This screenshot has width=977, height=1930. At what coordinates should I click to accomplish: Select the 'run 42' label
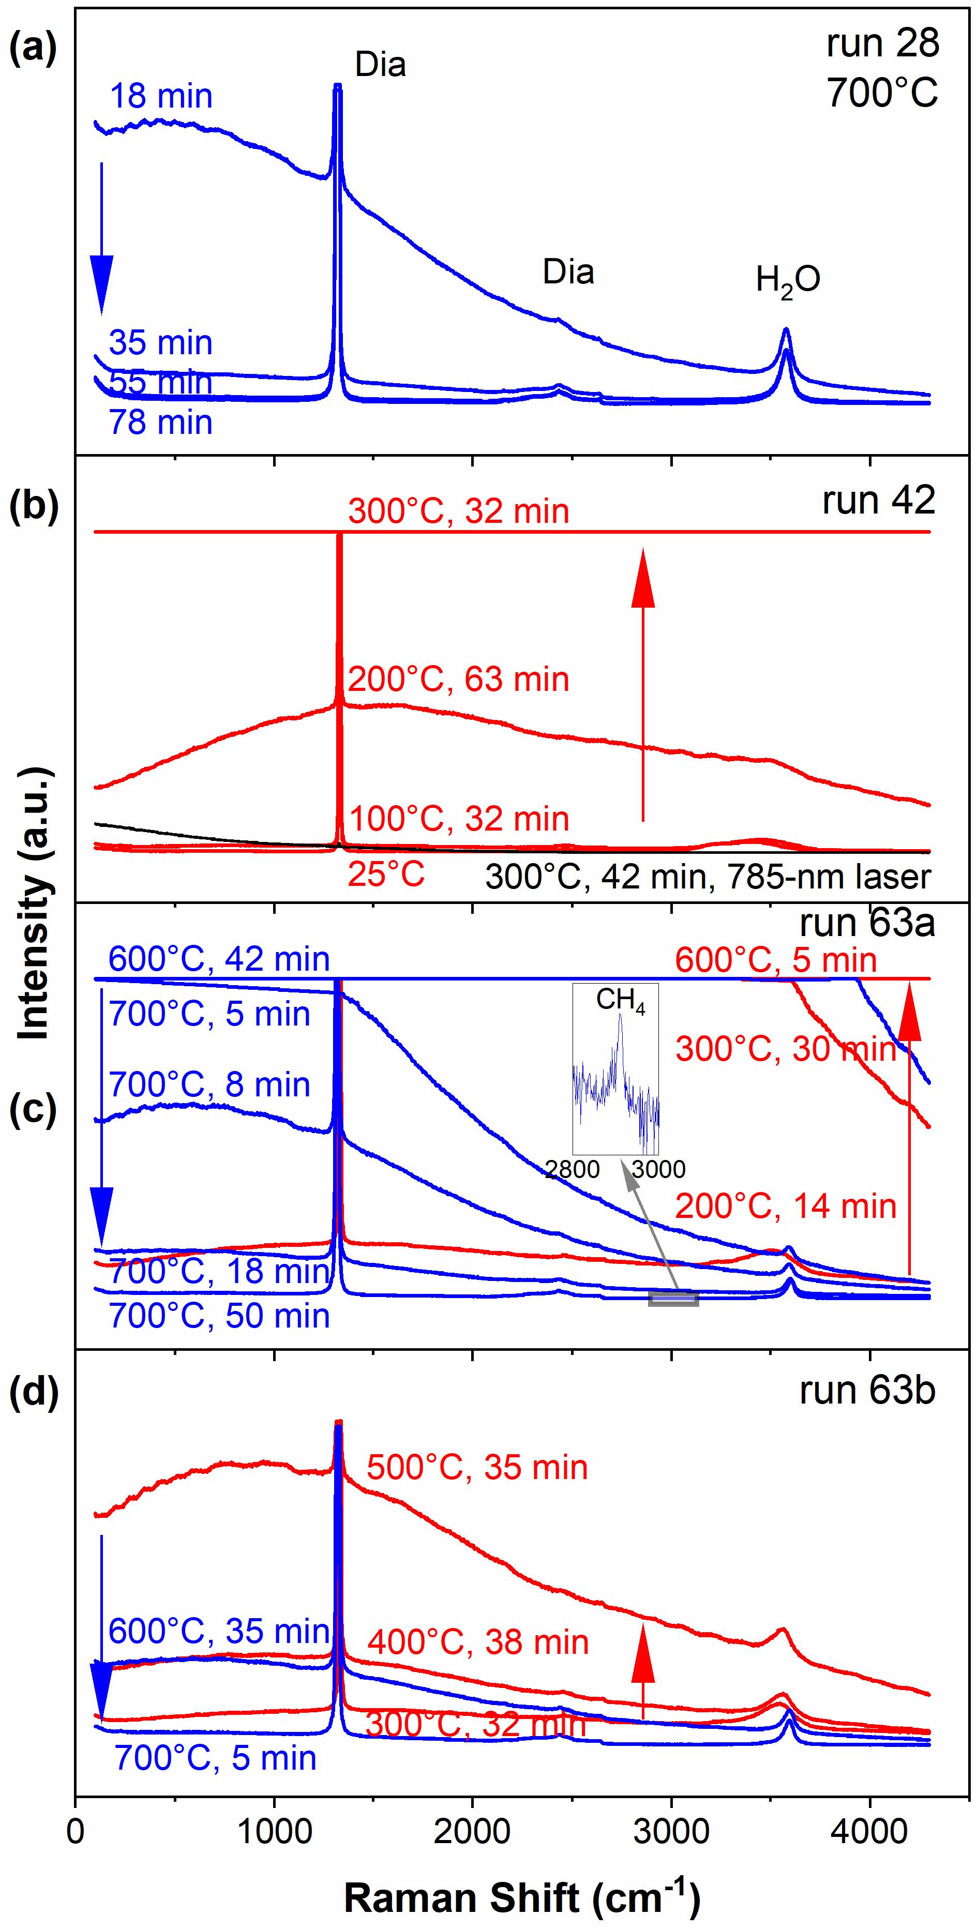(x=878, y=501)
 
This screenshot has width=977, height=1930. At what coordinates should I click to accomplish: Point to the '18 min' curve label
(x=160, y=97)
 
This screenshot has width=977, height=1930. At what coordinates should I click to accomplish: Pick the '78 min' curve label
(x=160, y=423)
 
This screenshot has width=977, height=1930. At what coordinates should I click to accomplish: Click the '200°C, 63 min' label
(x=459, y=680)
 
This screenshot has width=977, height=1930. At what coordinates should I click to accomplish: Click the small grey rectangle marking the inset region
(x=673, y=1299)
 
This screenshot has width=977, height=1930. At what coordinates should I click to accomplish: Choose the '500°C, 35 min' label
(x=477, y=1467)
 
